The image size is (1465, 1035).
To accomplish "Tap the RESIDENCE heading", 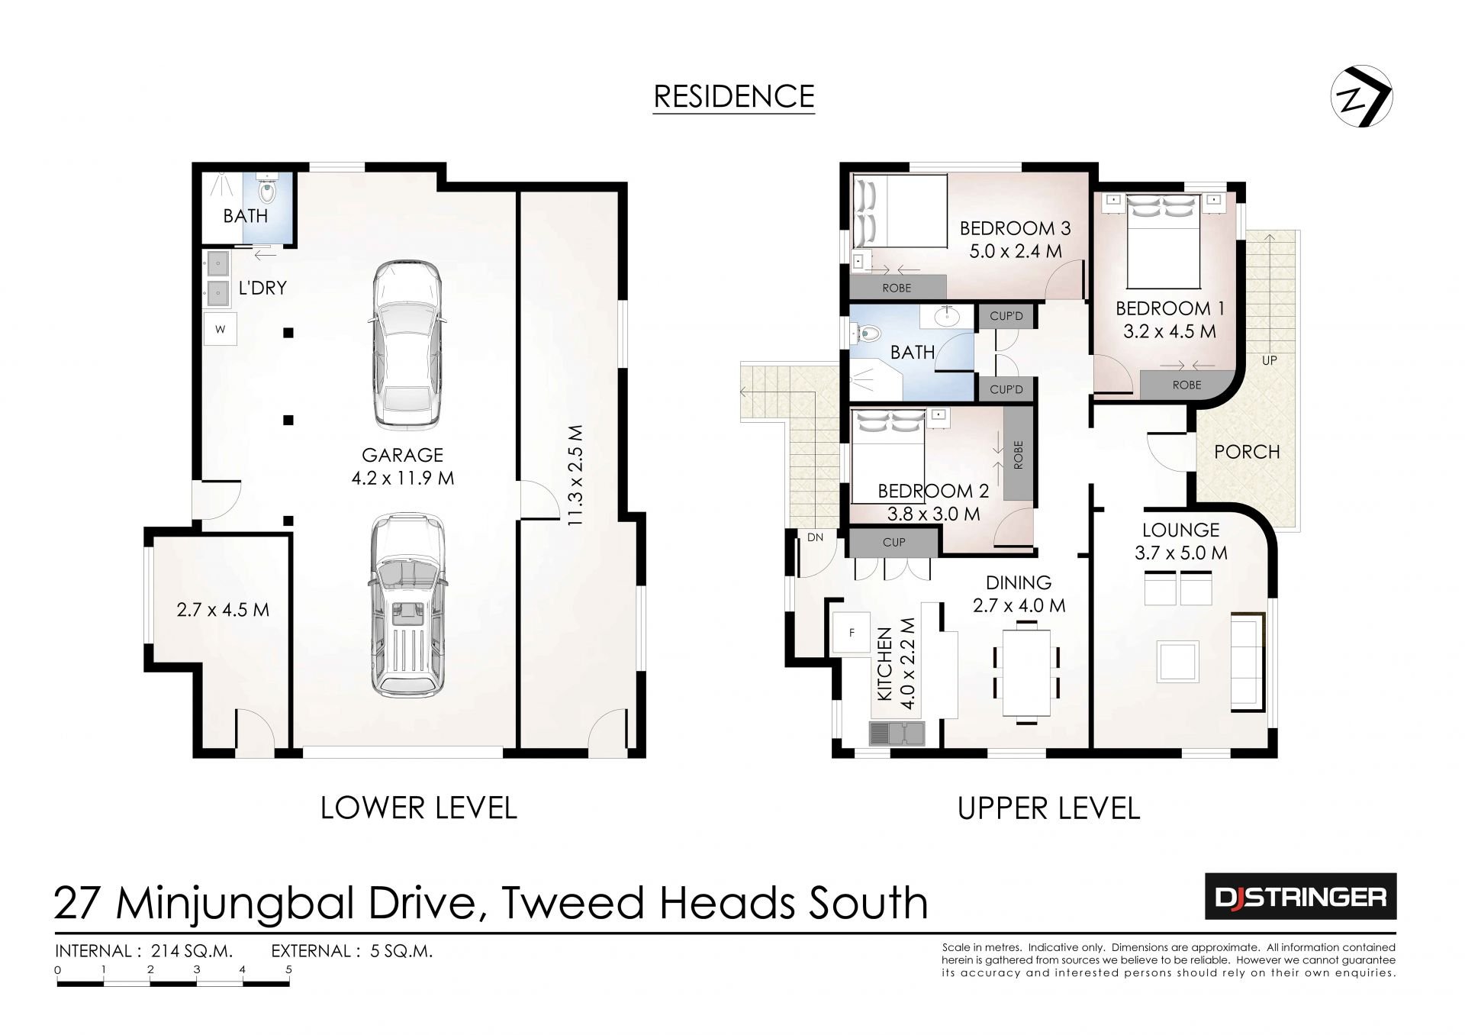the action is [x=734, y=97].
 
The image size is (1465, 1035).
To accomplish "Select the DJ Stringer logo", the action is [x=1300, y=896].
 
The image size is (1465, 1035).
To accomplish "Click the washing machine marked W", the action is [x=221, y=330].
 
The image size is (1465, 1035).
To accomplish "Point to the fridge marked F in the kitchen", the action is [x=852, y=633].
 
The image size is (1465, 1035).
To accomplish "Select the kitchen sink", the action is [x=896, y=733].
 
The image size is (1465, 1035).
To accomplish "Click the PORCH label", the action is [x=1247, y=452].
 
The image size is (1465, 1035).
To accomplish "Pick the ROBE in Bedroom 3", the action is [x=897, y=288].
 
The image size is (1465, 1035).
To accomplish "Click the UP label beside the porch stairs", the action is [x=1269, y=360].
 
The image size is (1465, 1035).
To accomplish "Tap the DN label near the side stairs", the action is [x=815, y=537].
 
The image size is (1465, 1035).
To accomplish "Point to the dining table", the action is [x=1026, y=672].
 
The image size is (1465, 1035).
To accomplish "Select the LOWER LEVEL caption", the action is [x=418, y=808].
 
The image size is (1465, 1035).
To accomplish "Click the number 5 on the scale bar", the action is [x=288, y=970].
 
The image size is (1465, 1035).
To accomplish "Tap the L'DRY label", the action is [x=262, y=288].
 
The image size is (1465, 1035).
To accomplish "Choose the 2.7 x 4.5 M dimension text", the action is [x=223, y=610].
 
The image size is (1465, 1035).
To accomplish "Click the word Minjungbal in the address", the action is [x=235, y=904].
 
